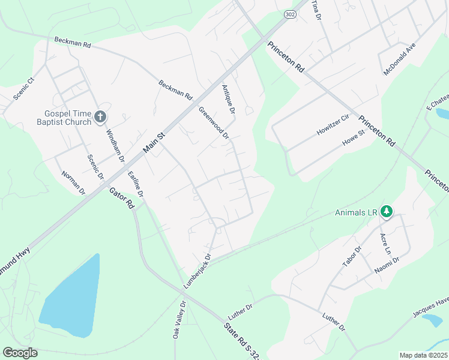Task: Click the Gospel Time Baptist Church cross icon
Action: [x=100, y=116]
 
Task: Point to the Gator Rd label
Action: [x=122, y=197]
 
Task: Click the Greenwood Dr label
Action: [x=214, y=122]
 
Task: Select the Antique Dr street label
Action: [x=229, y=98]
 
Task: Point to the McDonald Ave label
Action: [x=399, y=59]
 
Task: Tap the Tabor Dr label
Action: [x=352, y=259]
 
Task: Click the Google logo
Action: [x=20, y=353]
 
